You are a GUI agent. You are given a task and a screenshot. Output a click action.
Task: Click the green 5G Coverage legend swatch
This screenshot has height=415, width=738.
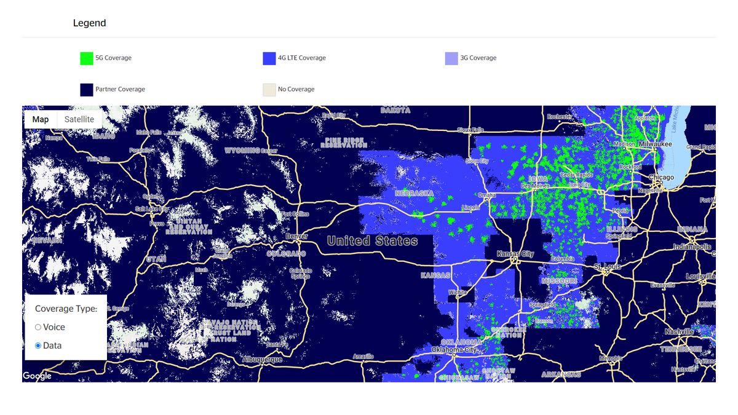pos(86,58)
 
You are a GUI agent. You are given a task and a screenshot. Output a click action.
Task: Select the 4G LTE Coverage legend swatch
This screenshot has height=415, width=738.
pos(269,58)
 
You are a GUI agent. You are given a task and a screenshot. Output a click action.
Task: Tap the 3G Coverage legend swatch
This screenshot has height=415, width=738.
pos(451,58)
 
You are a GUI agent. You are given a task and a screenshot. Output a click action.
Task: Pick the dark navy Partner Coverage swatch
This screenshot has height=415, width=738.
pos(86,90)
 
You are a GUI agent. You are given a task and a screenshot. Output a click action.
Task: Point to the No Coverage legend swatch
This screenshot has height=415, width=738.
pos(269,90)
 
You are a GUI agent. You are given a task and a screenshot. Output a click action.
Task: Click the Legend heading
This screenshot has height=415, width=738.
pos(89,23)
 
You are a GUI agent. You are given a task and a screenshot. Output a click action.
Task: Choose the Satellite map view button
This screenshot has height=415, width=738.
pos(79,119)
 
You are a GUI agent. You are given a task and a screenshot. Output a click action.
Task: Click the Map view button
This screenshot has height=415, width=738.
pos(41,119)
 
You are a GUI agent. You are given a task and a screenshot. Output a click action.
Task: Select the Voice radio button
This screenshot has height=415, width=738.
pos(38,327)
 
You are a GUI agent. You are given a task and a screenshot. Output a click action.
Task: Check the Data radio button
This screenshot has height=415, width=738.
pos(38,346)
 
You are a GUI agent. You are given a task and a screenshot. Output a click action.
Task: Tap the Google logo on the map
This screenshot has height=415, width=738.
pos(37,376)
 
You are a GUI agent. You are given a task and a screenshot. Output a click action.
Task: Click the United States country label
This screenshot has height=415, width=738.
pos(372,241)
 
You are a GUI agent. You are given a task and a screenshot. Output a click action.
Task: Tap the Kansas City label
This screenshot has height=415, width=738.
pos(515,254)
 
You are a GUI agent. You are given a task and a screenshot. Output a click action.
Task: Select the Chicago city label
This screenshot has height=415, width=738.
pos(661,177)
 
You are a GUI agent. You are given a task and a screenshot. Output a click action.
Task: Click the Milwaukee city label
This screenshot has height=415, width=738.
pos(655,144)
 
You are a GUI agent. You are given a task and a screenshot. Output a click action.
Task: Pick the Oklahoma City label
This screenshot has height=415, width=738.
pos(454,349)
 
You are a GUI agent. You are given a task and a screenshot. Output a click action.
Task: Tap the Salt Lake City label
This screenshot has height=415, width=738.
pos(152,209)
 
